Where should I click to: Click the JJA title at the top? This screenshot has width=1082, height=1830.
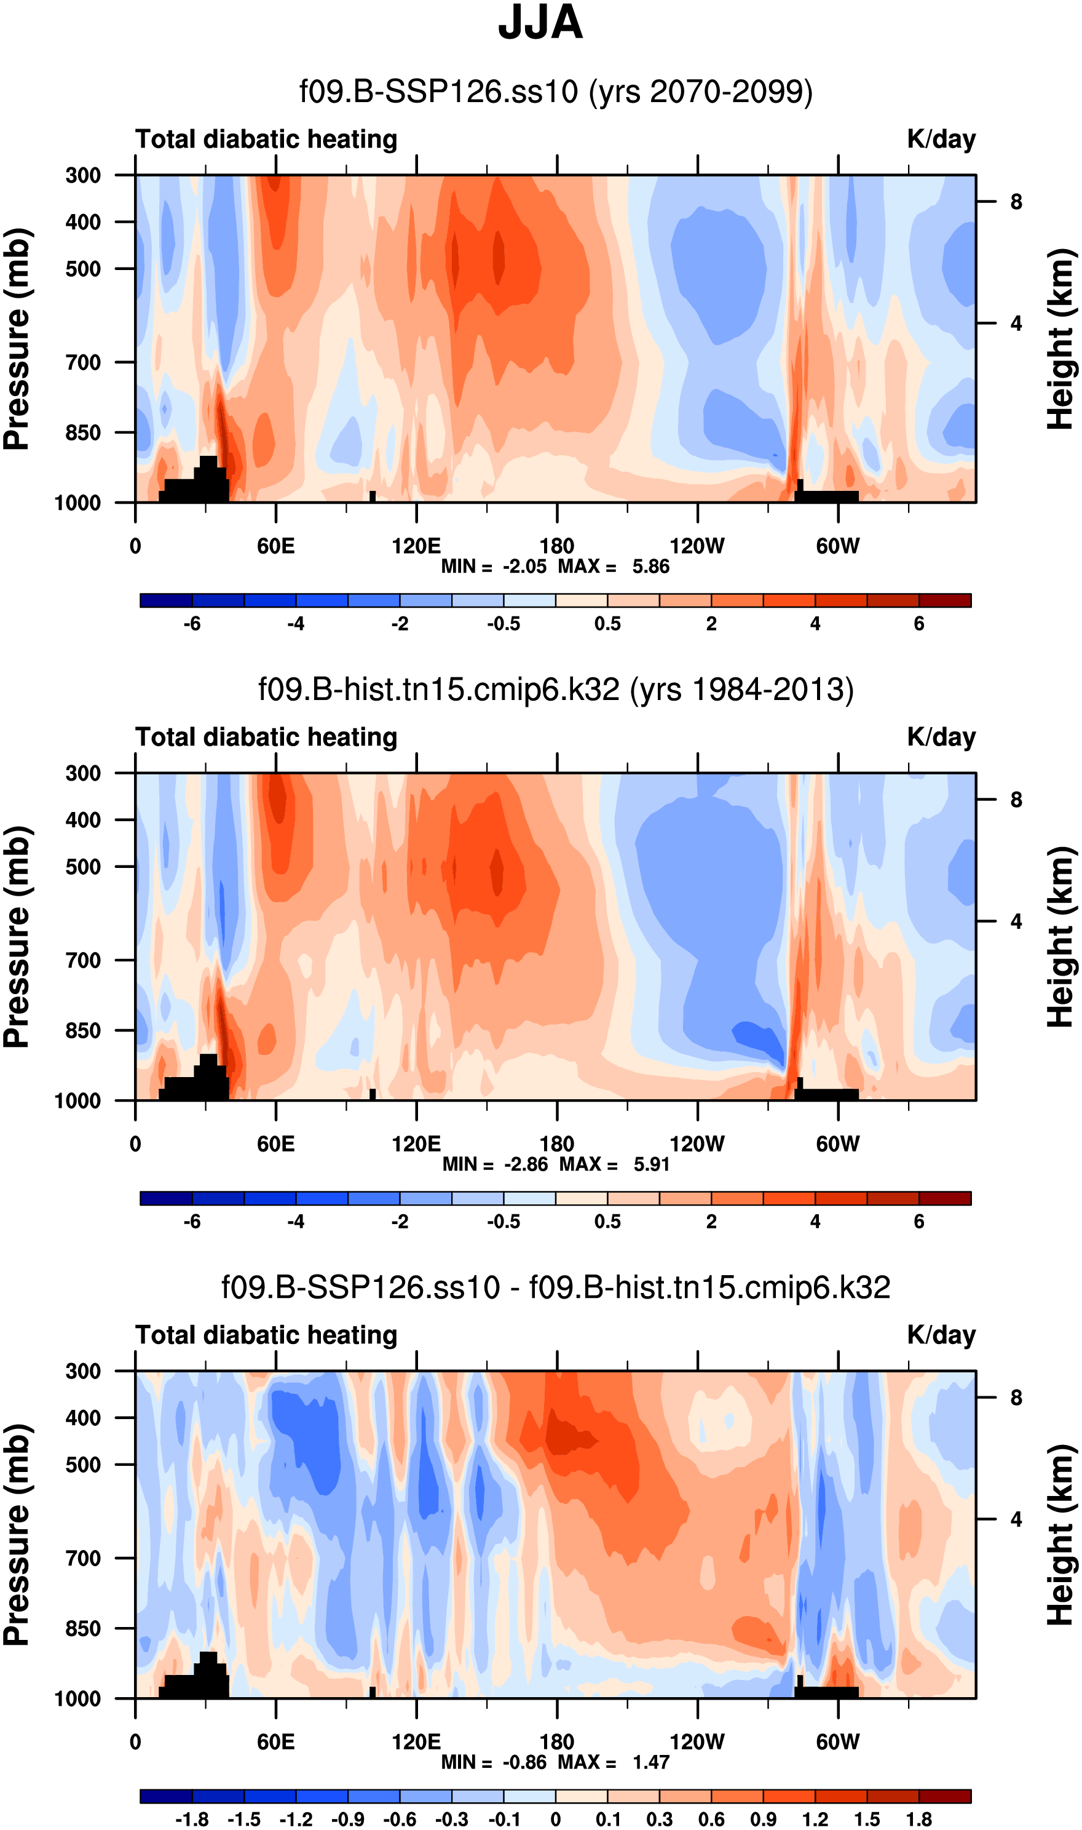tap(540, 23)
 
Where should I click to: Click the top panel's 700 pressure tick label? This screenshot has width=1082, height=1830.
tap(83, 362)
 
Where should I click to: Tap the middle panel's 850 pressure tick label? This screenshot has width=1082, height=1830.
tap(83, 1030)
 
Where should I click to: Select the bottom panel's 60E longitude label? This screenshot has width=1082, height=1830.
tap(275, 1742)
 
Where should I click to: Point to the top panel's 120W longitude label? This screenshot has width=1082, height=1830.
tap(697, 546)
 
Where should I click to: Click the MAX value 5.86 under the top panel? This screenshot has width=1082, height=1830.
tap(650, 567)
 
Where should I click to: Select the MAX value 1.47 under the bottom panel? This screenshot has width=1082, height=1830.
tap(650, 1762)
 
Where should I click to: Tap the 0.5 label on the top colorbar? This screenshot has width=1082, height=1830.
tap(607, 624)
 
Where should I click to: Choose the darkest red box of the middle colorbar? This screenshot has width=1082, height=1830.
tap(945, 1198)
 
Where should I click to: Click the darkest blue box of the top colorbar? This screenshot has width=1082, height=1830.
tap(166, 600)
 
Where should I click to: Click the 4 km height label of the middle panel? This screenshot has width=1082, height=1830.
tap(1016, 922)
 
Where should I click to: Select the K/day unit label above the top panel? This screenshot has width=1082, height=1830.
tap(941, 138)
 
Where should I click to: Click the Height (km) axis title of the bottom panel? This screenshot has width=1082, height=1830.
tap(1062, 1535)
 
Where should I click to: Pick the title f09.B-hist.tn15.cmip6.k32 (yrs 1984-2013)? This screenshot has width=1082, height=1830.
tap(556, 690)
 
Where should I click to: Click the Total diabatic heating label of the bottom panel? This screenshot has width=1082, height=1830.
tap(266, 1335)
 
